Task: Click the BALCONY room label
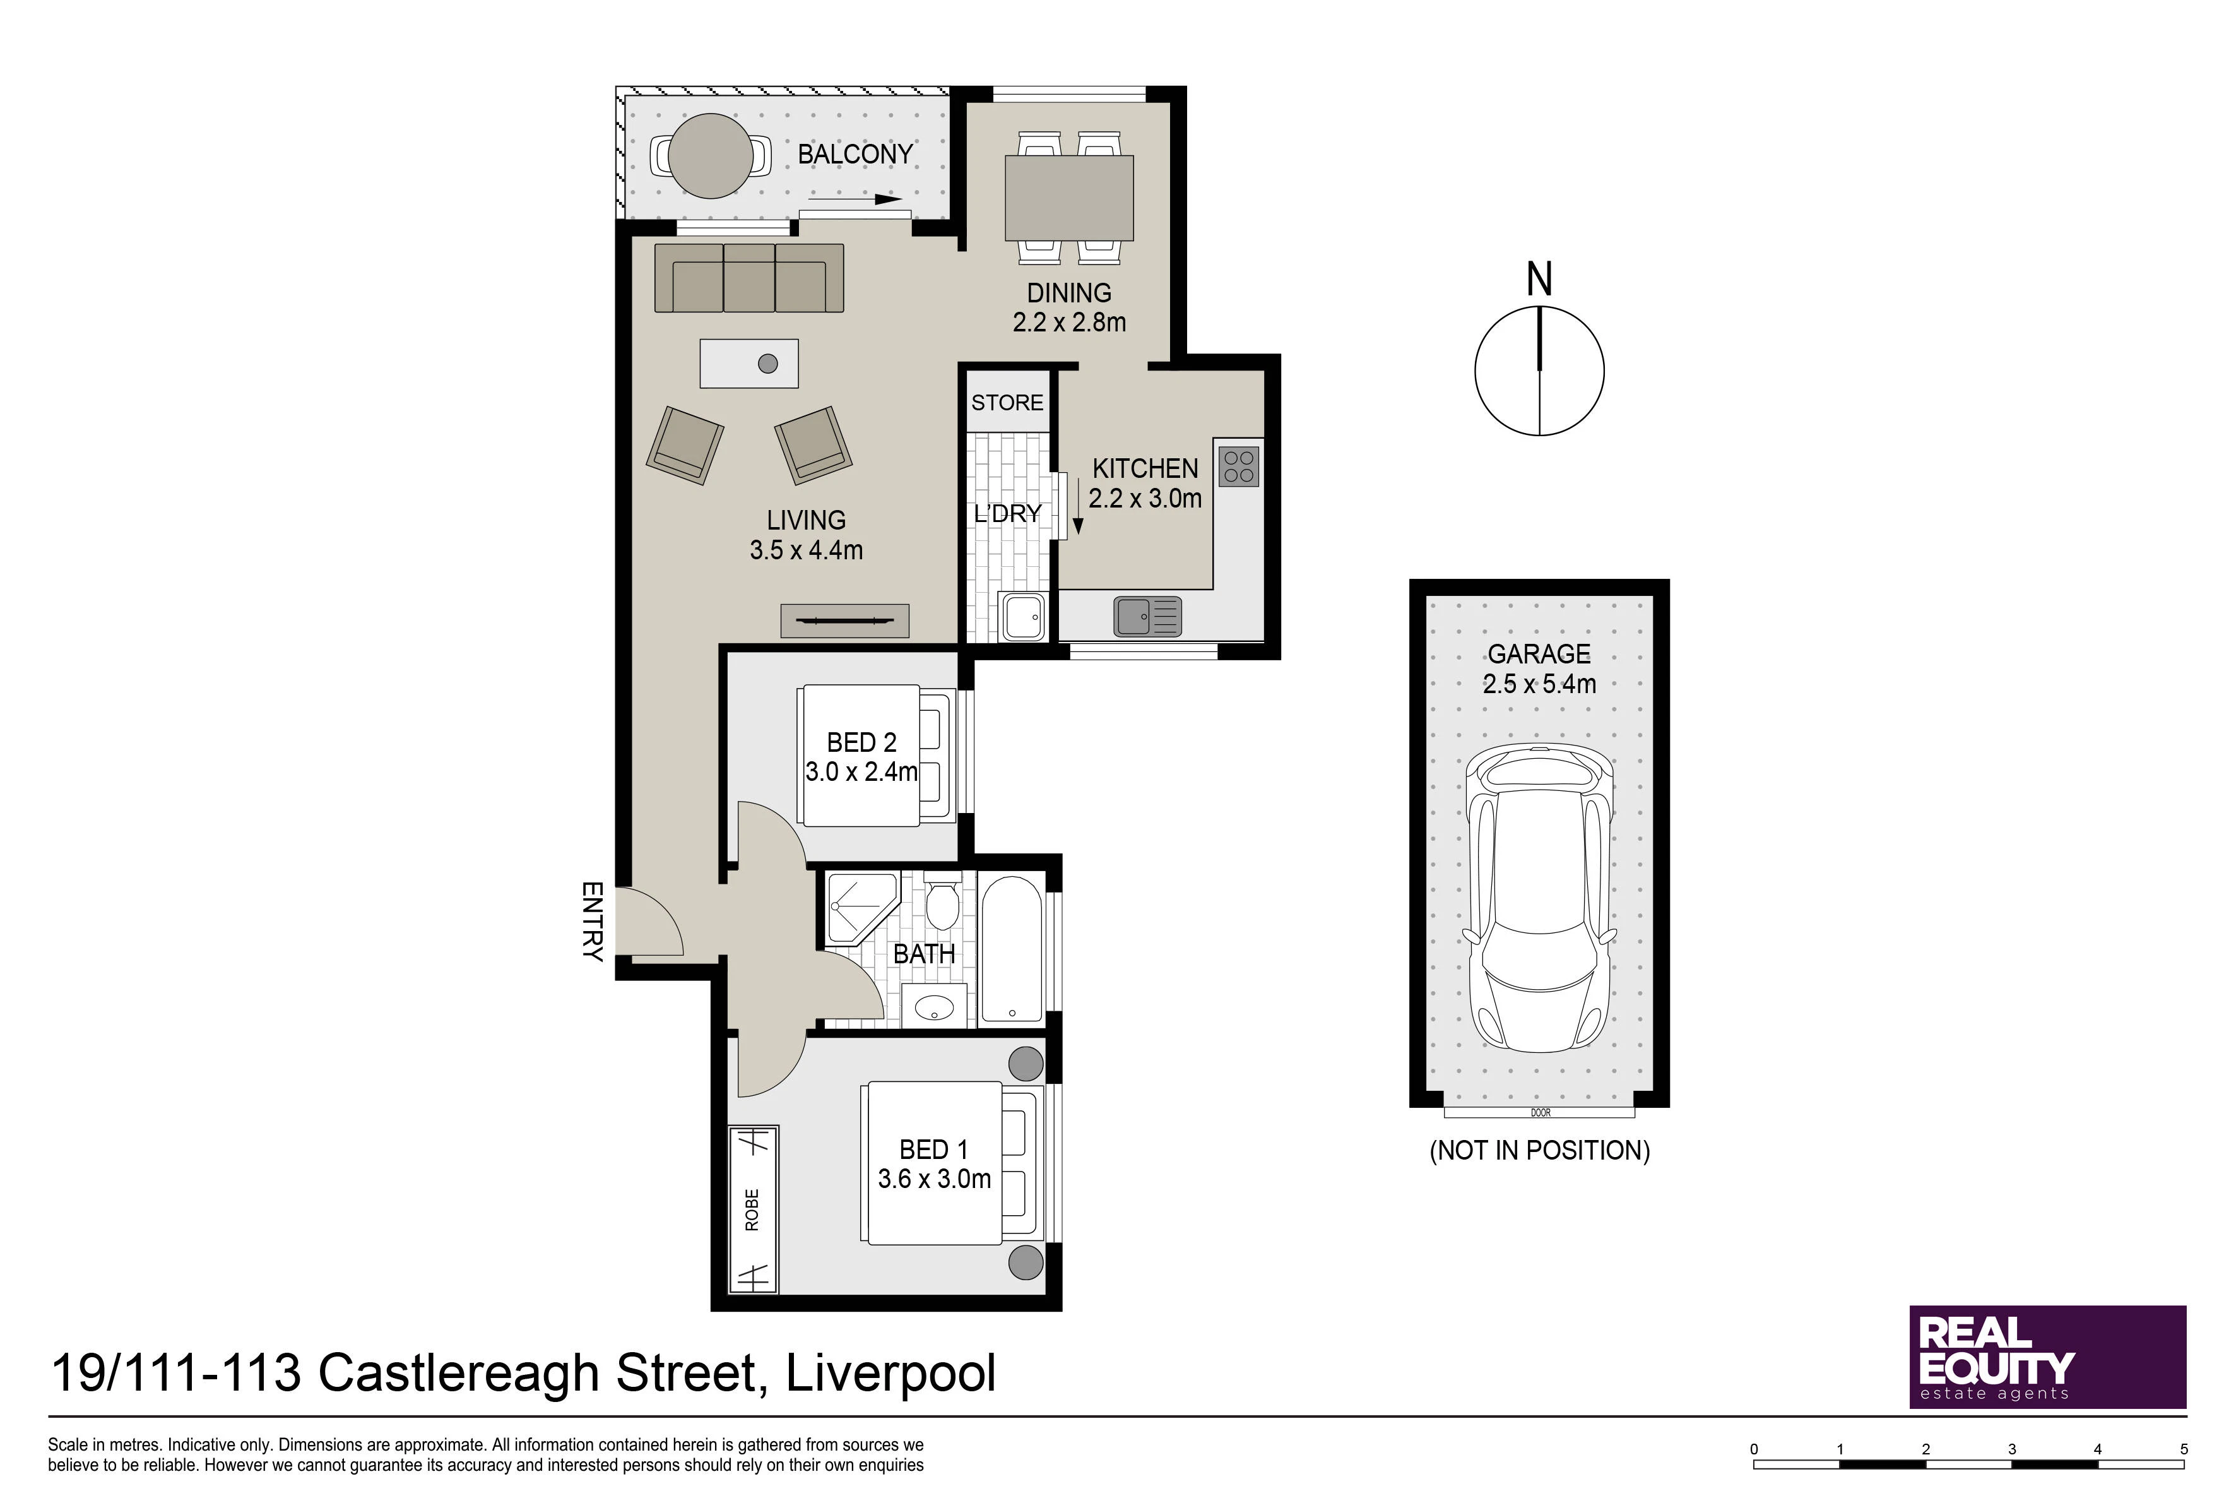tap(855, 154)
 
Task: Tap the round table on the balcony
tap(711, 155)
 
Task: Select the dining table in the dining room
tap(1068, 198)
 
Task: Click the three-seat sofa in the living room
tap(749, 278)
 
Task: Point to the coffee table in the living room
tap(749, 363)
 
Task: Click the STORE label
tap(1007, 402)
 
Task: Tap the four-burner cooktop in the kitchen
tap(1239, 466)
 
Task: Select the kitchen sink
tap(1147, 616)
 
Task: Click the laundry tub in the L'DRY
tap(1022, 616)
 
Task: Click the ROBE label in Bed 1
tap(752, 1209)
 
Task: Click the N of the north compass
tap(1539, 280)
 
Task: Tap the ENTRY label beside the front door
tap(592, 922)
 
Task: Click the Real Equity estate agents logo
tap(2048, 1357)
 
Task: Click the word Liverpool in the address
tap(890, 1374)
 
